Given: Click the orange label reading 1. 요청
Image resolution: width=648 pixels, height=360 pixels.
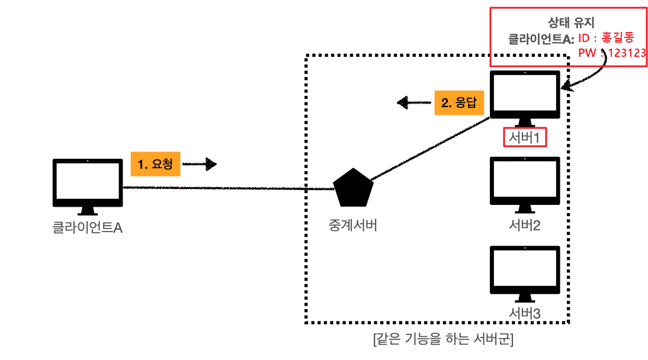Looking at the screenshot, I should pyautogui.click(x=154, y=164).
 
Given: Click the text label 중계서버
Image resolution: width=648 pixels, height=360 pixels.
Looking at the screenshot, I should pyautogui.click(x=352, y=226).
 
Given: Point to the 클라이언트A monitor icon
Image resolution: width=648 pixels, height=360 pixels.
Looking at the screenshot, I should pyautogui.click(x=87, y=184).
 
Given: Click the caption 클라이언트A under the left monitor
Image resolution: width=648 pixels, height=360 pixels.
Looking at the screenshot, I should pyautogui.click(x=87, y=227).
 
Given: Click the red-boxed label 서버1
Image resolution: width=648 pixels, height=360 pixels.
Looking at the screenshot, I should pyautogui.click(x=525, y=137).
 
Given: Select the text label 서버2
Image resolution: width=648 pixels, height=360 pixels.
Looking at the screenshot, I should pyautogui.click(x=525, y=225).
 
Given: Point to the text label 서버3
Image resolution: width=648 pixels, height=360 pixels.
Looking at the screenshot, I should pyautogui.click(x=525, y=313).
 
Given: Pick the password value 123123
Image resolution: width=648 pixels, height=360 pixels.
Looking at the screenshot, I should pyautogui.click(x=627, y=53).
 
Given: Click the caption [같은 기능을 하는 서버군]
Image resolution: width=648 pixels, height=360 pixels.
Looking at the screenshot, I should pyautogui.click(x=443, y=340).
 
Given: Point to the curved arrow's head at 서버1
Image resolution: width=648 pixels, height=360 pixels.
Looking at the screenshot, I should pyautogui.click(x=566, y=88).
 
